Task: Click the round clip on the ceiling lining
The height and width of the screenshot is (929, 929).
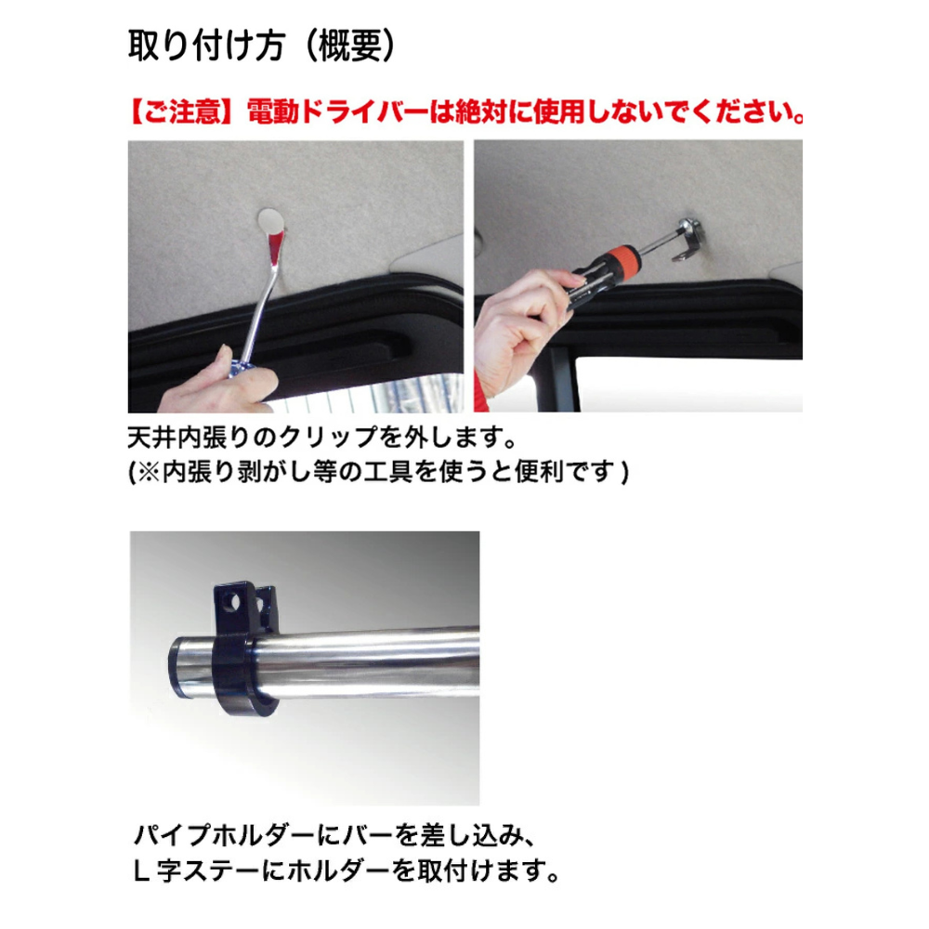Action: pyautogui.click(x=270, y=221)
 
